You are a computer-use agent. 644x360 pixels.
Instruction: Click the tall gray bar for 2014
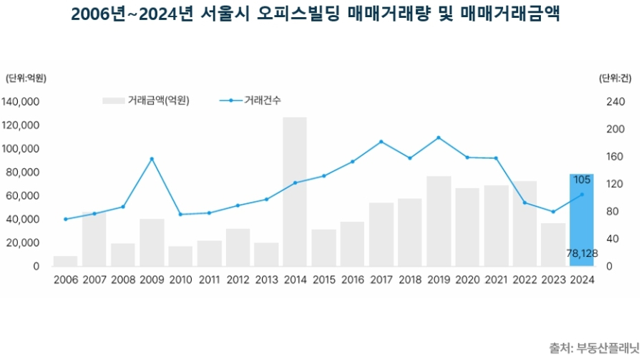coord(294,192)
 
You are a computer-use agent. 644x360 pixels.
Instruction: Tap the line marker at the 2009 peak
coord(151,159)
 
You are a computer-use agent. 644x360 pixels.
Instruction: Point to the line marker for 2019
coord(438,137)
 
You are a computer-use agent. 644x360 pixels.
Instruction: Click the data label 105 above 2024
coord(582,179)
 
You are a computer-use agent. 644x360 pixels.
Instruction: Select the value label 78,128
coord(581,252)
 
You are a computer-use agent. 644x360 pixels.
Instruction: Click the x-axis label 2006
coord(65,280)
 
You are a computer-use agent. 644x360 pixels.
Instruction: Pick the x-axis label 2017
coord(381,280)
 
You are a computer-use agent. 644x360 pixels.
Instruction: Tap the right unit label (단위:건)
coord(614,78)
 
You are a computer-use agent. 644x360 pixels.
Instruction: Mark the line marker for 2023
coord(552,212)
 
